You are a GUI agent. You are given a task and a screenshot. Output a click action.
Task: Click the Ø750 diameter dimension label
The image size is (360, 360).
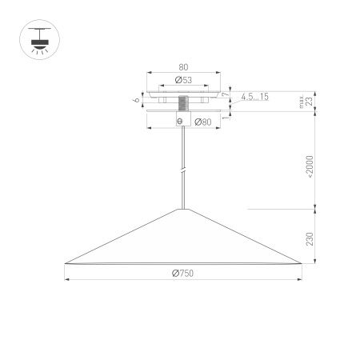(x=183, y=274)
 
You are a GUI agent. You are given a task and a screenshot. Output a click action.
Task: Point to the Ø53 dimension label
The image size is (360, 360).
(x=183, y=82)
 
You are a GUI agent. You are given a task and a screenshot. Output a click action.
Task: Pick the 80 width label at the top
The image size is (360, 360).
(x=183, y=68)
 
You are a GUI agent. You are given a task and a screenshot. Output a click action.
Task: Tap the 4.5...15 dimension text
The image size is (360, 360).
(x=254, y=97)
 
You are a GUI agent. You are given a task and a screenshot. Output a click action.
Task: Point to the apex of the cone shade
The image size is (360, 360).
(x=184, y=208)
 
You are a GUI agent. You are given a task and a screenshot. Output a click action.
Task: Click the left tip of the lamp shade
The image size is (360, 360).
(x=66, y=263)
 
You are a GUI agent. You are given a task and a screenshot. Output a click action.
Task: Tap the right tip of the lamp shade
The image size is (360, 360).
(x=301, y=263)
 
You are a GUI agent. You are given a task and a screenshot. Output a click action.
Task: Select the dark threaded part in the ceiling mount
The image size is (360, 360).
(x=183, y=104)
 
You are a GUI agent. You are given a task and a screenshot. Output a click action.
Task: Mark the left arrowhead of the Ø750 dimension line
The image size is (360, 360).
(x=67, y=279)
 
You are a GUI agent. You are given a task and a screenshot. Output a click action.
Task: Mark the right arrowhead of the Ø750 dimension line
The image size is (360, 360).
(x=300, y=279)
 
